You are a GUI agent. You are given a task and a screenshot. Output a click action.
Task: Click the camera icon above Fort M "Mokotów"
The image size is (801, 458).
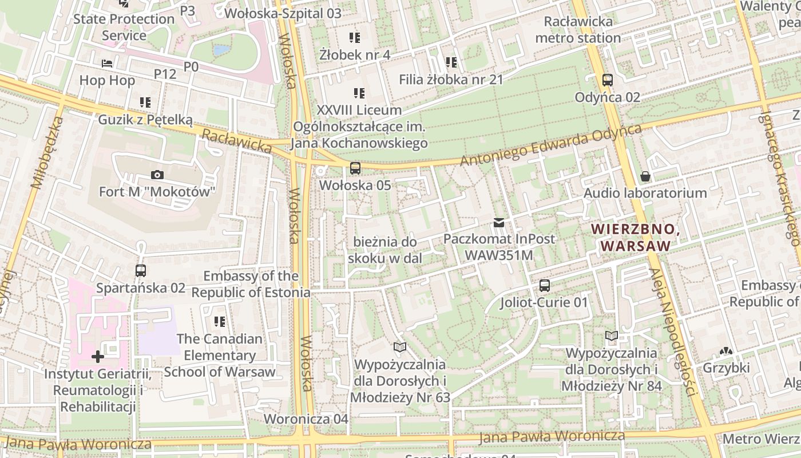click(x=157, y=175)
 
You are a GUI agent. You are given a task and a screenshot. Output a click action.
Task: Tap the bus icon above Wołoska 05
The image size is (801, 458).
click(x=355, y=168)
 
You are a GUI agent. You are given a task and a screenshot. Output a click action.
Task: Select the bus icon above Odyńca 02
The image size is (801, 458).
click(x=608, y=80)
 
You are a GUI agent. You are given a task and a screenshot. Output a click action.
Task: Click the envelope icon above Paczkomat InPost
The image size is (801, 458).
click(x=499, y=222)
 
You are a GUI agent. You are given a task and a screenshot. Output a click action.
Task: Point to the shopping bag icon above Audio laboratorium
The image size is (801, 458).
click(x=645, y=176)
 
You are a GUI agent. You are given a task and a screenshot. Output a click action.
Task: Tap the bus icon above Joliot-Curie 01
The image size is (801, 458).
click(x=545, y=285)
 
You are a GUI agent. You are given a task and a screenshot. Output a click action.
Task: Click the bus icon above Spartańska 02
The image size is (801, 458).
click(x=141, y=271)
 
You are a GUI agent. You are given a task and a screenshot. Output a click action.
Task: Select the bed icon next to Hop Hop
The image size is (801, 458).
click(x=107, y=64)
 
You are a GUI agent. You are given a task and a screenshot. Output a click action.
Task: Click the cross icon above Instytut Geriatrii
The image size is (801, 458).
click(x=98, y=357)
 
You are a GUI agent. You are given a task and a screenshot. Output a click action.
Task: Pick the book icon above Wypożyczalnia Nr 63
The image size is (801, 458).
click(x=399, y=348)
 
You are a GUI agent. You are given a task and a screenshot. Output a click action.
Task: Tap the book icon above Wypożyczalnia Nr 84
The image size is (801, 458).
click(x=612, y=336)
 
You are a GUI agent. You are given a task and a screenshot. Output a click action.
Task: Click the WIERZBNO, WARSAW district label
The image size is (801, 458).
click(x=635, y=238)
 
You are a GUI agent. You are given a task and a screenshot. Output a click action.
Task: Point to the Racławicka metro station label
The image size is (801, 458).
click(x=578, y=30)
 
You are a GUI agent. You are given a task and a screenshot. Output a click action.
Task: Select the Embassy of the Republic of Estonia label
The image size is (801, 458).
click(x=251, y=285)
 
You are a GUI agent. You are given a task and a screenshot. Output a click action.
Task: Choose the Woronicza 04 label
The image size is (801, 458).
click(x=306, y=419)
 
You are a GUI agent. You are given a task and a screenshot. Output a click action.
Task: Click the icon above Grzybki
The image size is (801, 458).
click(x=726, y=351)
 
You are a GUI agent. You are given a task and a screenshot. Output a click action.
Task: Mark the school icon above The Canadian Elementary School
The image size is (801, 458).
click(x=219, y=322)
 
